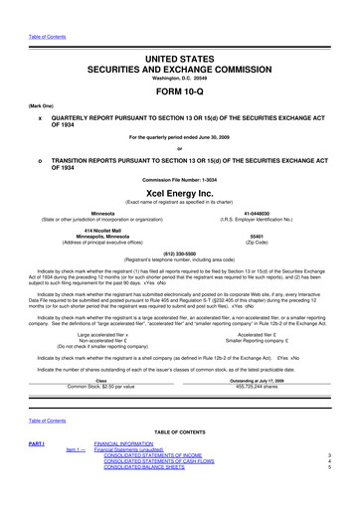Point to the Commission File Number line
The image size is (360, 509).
click(179, 179)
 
